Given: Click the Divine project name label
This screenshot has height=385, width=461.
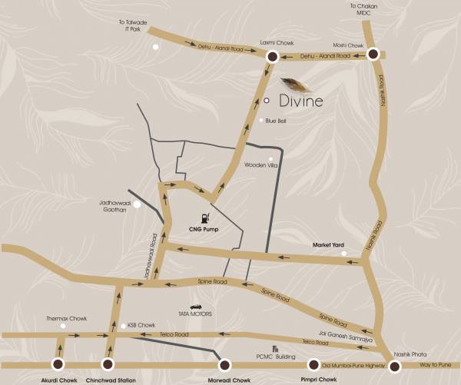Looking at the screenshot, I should pyautogui.click(x=301, y=101).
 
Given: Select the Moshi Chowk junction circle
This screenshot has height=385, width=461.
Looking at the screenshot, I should pyautogui.click(x=373, y=54).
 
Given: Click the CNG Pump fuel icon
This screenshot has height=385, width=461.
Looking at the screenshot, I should pyautogui.click(x=204, y=217).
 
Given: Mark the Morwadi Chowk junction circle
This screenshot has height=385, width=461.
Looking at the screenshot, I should pyautogui.click(x=224, y=365).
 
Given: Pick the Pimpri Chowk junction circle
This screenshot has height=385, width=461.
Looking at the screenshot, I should pyautogui.click(x=313, y=365).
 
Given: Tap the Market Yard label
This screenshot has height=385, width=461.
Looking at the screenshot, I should pyautogui.click(x=327, y=245).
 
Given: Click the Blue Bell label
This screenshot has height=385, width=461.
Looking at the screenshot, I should pyautogui.click(x=276, y=121).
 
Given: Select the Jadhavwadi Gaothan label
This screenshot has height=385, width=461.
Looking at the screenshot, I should pyautogui.click(x=111, y=206).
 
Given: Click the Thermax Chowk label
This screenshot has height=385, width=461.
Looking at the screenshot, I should pyautogui.click(x=62, y=317).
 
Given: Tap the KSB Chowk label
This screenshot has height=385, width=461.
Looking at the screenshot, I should pyautogui.click(x=141, y=325).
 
